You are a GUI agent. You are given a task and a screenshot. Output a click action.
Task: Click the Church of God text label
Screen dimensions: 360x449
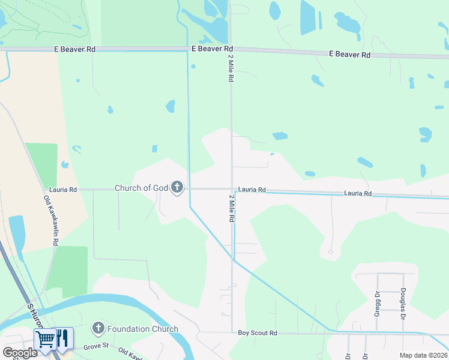[141, 188]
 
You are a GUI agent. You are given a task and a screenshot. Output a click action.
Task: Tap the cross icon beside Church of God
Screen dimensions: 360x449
[176, 188]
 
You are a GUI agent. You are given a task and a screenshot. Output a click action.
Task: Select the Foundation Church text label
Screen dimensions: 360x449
[143, 329]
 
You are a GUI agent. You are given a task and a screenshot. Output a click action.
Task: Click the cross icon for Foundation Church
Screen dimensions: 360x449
[98, 328]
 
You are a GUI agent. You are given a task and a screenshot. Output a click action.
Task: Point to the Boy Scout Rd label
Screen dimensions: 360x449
[257, 333]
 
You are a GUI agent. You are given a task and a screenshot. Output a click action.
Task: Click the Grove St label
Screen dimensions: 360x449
[95, 346]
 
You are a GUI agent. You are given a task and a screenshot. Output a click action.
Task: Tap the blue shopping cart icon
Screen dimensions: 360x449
[46, 339]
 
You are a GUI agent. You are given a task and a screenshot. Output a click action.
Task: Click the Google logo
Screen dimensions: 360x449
[20, 352]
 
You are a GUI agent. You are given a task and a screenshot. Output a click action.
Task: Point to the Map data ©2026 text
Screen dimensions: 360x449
[423, 355]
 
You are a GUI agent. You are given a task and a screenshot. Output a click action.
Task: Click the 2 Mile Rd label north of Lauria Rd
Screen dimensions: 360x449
[231, 68]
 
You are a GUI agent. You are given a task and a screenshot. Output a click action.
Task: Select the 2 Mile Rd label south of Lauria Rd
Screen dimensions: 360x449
[231, 208]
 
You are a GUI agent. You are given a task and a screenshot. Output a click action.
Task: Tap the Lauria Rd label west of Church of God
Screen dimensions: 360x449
[63, 190]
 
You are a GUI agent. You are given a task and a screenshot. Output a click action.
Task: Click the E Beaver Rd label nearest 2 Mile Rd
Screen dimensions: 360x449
[212, 49]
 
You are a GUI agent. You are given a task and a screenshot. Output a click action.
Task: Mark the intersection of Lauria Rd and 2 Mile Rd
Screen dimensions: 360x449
[232, 189]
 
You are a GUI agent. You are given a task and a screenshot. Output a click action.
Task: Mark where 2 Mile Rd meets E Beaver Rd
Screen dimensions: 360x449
[231, 49]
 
